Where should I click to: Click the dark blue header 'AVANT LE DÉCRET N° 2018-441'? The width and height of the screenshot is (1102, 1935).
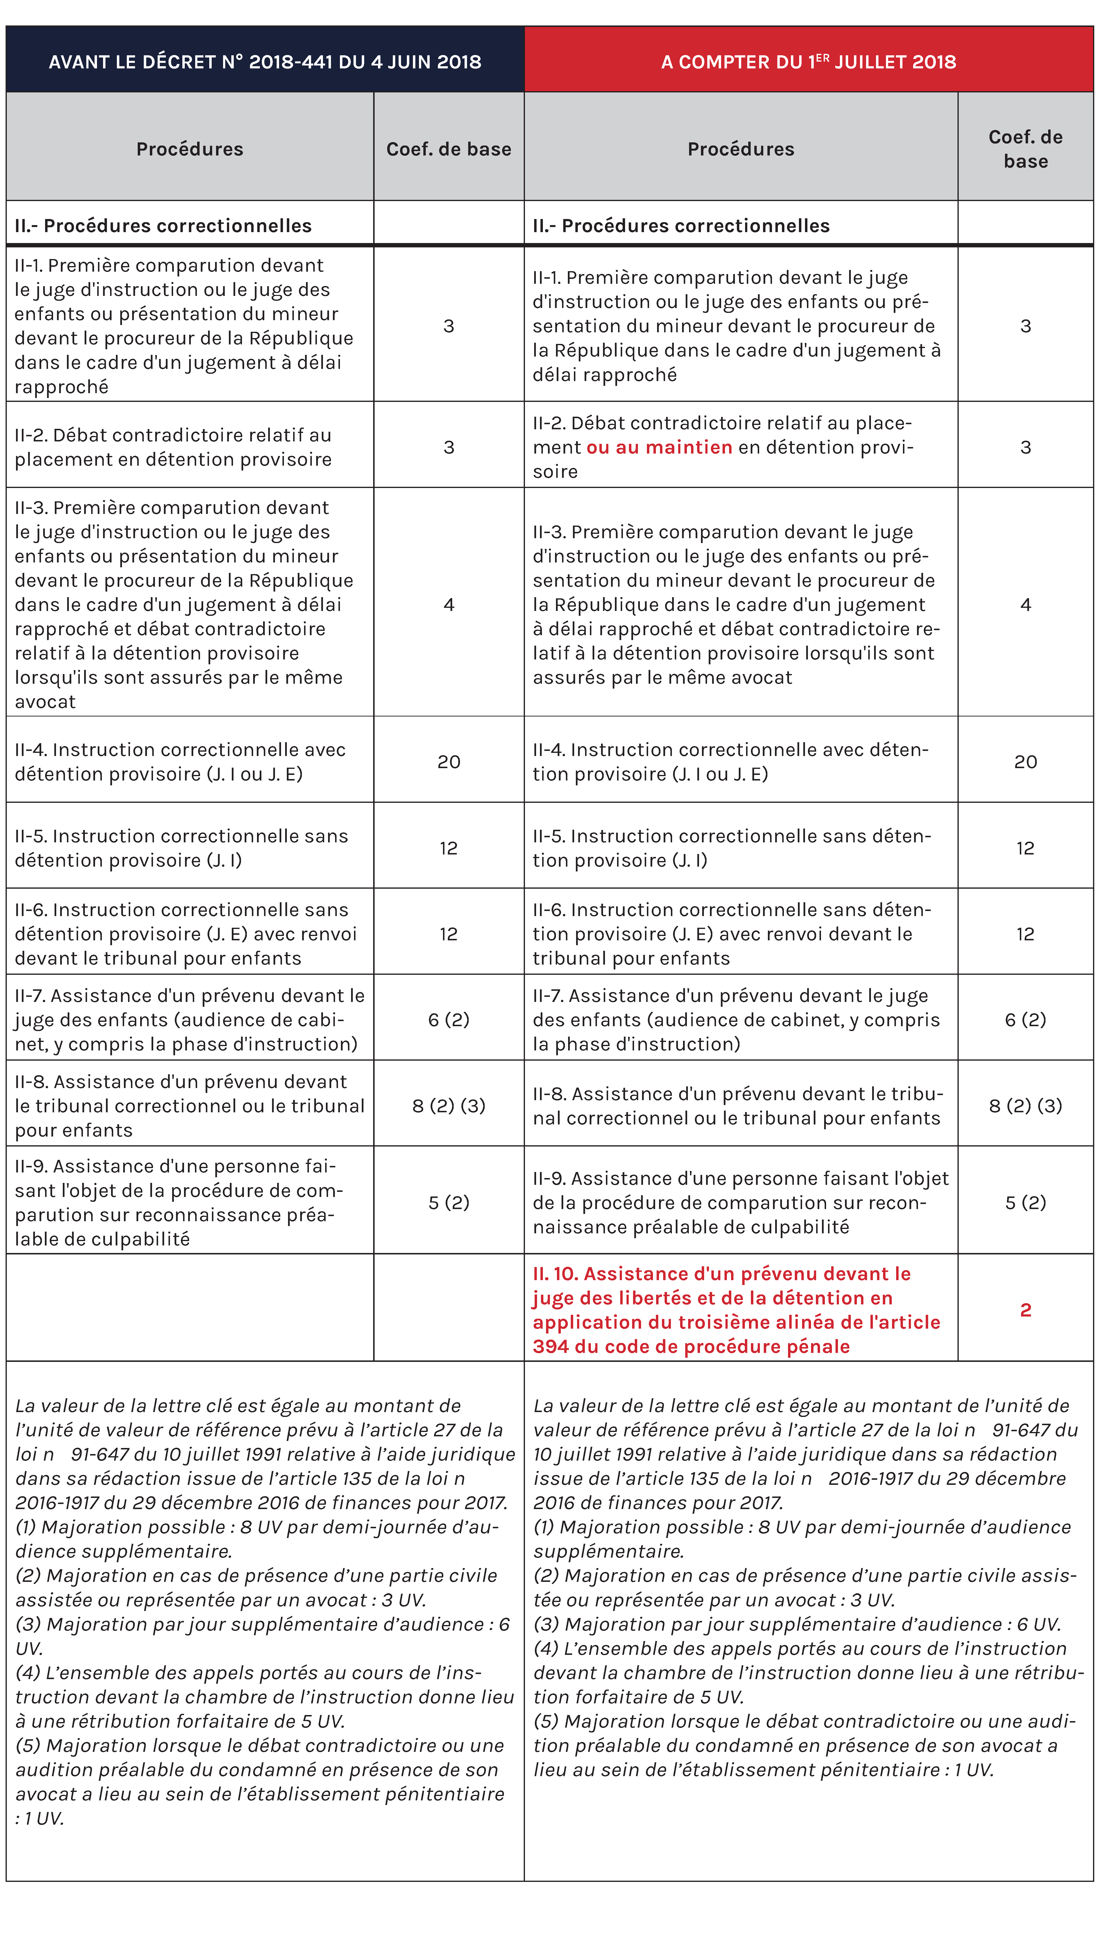coord(265,61)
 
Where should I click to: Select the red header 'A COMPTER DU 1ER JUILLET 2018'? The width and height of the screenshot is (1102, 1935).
coord(808,61)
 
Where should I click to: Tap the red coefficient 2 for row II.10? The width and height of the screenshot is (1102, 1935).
coord(1026,1310)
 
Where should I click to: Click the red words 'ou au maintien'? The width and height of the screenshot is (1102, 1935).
coord(659,447)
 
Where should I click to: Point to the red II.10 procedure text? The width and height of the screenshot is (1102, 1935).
coord(736,1310)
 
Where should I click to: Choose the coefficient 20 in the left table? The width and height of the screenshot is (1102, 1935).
coord(449,762)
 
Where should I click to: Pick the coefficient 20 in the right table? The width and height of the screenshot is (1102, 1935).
coord(1026,762)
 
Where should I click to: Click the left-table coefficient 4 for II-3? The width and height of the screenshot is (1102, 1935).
coord(449,604)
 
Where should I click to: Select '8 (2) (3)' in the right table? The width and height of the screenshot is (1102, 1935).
coord(1026,1105)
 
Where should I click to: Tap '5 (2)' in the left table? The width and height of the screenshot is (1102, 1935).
coord(449,1202)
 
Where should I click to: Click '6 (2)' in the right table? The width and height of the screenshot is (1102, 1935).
coord(1026,1020)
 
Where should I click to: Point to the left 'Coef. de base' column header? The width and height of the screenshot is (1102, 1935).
coord(449,149)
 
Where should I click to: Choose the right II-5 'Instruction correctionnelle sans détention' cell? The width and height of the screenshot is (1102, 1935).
coord(731,848)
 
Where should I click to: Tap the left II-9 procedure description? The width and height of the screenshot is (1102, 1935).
coord(179,1202)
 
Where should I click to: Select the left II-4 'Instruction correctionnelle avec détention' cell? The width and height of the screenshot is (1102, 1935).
coord(180,762)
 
